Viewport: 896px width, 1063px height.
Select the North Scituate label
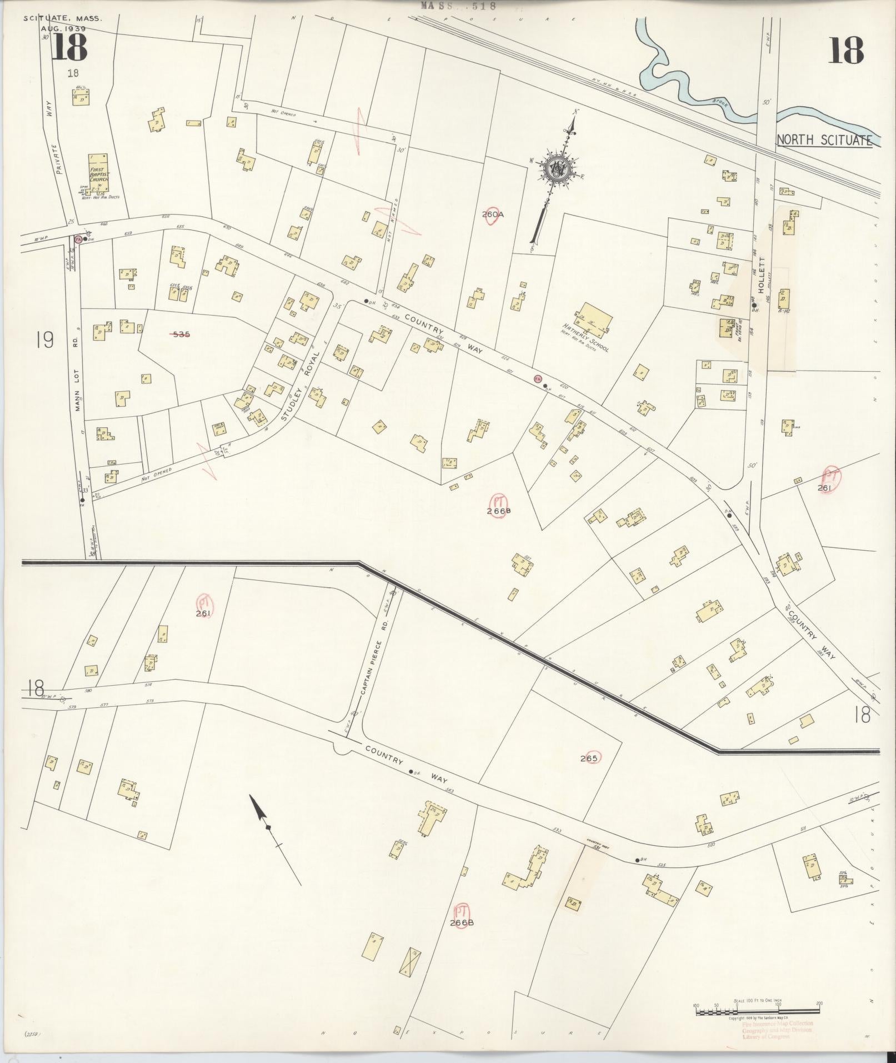point(824,140)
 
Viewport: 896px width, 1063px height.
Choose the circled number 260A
point(493,214)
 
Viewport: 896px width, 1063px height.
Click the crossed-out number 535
point(181,335)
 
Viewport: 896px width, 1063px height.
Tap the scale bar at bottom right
point(758,1007)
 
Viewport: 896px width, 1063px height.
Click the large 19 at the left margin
point(45,340)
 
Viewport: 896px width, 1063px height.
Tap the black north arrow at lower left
point(260,812)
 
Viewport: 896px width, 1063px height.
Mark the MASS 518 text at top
point(458,6)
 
